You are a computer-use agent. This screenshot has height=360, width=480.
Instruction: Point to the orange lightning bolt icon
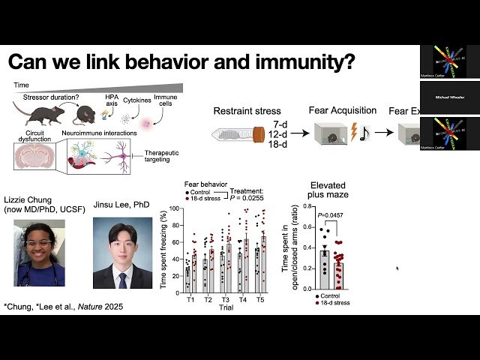tap(353, 133)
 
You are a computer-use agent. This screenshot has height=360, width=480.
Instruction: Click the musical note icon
tap(365, 133)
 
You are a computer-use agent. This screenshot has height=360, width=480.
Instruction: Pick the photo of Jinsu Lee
tap(123, 253)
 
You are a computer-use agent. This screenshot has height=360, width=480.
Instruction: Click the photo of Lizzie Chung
tap(40, 253)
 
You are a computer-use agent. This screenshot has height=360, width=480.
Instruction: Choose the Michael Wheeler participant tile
tap(448, 97)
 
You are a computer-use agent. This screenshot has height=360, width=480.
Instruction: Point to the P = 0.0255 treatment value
tap(247, 199)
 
